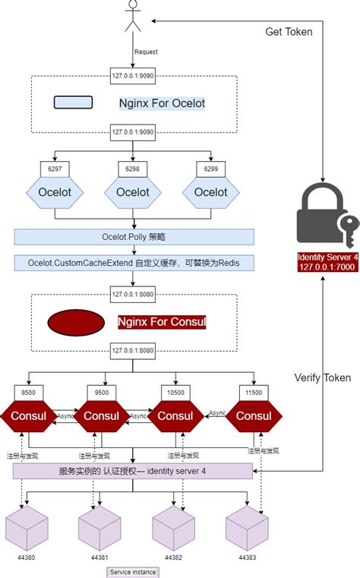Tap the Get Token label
coord(288,32)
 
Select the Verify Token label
coord(323,377)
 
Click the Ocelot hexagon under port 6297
coord(55,192)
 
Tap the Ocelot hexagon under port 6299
coord(210,192)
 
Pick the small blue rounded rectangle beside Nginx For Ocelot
coord(74,102)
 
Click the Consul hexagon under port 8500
coord(28,415)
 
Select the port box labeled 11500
coord(254,391)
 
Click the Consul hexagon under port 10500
coord(175,415)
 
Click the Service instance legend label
coord(132,571)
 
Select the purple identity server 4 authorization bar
coord(133,472)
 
